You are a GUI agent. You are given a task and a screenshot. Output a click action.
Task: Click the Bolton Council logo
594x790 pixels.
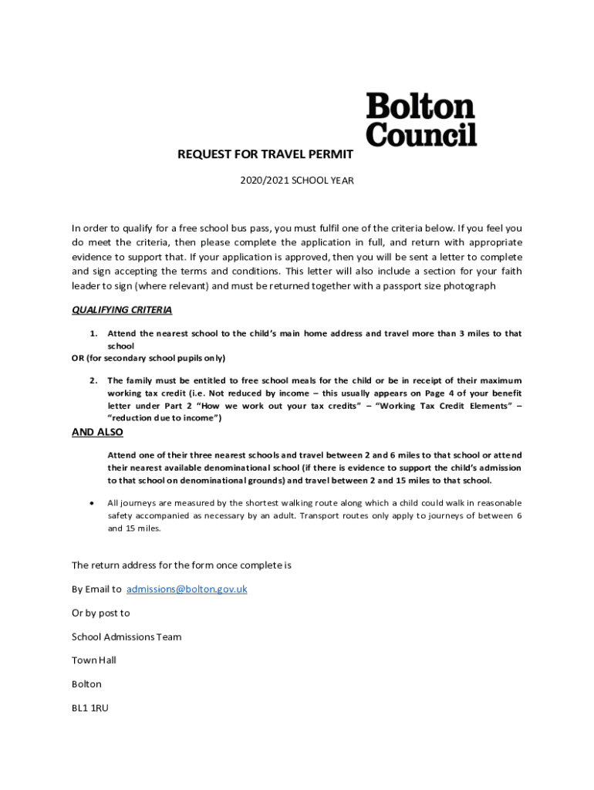[x=420, y=120]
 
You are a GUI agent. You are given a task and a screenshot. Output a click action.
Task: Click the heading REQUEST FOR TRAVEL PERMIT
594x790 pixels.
[x=265, y=154]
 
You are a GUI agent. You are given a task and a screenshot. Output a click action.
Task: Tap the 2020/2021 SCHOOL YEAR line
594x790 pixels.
[x=296, y=181]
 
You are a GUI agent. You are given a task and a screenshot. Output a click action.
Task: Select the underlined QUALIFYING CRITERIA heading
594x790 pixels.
[x=122, y=310]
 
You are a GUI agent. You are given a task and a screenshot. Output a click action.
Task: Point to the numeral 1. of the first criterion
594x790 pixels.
[x=93, y=333]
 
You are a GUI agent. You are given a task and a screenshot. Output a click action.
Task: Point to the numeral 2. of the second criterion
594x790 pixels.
[x=93, y=380]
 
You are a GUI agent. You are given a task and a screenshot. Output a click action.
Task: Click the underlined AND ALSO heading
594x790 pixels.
[x=97, y=432]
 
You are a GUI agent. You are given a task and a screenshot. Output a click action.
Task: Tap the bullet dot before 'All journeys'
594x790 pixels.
[x=93, y=502]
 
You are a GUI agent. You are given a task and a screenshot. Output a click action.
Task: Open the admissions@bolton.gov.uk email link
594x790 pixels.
[x=187, y=589]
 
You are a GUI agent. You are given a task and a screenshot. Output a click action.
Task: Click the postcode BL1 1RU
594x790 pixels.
[x=90, y=707]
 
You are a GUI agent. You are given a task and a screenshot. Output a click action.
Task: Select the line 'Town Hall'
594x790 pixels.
[x=95, y=660]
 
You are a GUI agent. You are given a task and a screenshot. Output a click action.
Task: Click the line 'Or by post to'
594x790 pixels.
[x=101, y=613]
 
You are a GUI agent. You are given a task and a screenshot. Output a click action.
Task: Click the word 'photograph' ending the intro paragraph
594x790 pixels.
[x=468, y=285]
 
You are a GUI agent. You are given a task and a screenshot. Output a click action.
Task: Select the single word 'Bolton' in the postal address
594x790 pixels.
[x=86, y=684]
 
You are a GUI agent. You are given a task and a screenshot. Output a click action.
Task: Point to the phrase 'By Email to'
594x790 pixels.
[x=96, y=589]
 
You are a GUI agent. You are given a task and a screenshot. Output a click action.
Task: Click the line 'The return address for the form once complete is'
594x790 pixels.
[x=181, y=565]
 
